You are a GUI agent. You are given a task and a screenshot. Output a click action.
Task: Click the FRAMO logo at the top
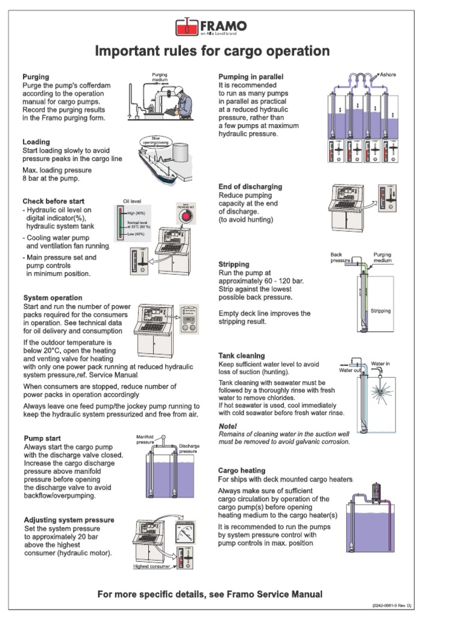(x=210, y=27)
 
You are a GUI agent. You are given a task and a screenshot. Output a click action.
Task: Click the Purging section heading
(x=36, y=77)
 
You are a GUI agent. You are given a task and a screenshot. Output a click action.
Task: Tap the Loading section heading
(x=36, y=142)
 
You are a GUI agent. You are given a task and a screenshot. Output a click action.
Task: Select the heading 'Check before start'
(x=54, y=201)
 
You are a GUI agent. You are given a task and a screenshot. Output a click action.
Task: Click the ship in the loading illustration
(x=156, y=165)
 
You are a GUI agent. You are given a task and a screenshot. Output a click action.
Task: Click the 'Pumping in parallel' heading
(x=250, y=77)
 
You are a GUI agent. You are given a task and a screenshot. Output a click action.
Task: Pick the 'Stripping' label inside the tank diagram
(x=380, y=311)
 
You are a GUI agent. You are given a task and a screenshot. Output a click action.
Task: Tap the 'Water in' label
(x=380, y=364)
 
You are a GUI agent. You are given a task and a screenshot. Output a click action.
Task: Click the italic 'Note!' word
(x=227, y=426)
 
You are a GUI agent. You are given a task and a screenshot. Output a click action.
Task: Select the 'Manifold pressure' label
(x=146, y=439)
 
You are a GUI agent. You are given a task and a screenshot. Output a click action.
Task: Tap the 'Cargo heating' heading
(x=242, y=470)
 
